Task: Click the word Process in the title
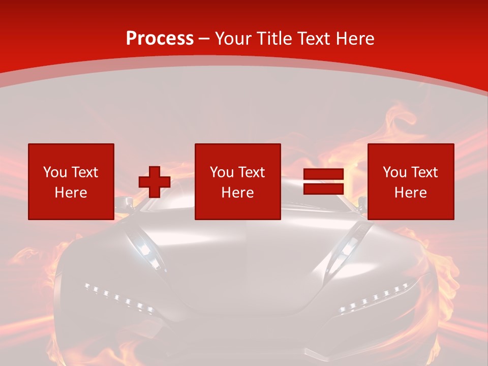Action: pyautogui.click(x=160, y=39)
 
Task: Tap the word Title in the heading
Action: pyautogui.click(x=275, y=39)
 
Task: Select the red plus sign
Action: pyautogui.click(x=155, y=182)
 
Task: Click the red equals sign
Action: pyautogui.click(x=323, y=182)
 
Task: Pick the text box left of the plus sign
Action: pyautogui.click(x=71, y=181)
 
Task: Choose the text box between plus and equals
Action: pyautogui.click(x=238, y=181)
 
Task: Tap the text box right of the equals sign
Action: pyautogui.click(x=411, y=181)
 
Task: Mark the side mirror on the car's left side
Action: pyautogui.click(x=121, y=204)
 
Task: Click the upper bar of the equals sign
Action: pyautogui.click(x=323, y=174)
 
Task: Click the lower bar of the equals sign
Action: pyautogui.click(x=323, y=189)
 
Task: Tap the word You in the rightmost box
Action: pyautogui.click(x=394, y=172)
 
